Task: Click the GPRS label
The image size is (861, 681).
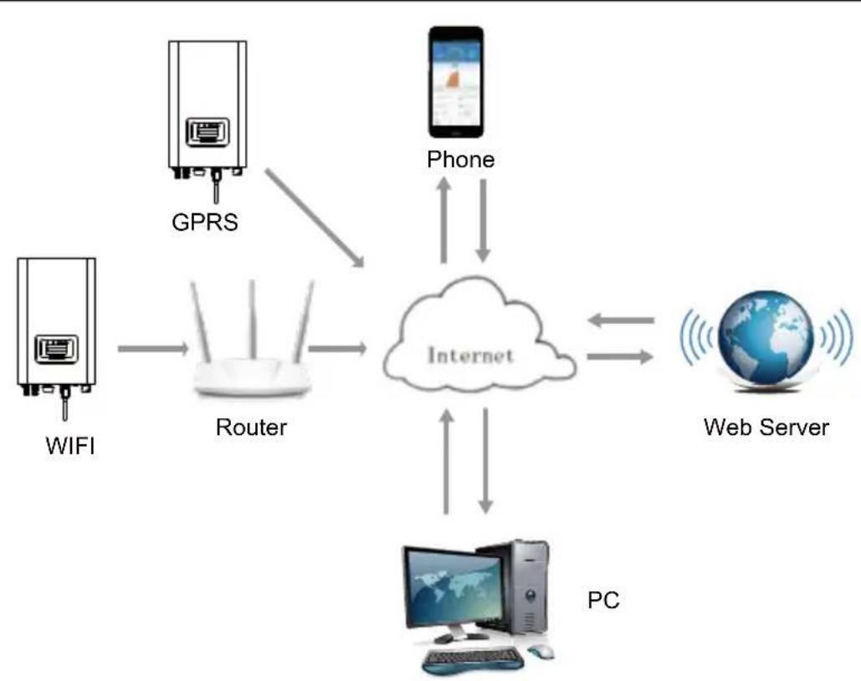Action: [205, 223]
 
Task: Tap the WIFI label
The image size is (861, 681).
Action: [70, 445]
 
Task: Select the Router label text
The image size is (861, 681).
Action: [251, 428]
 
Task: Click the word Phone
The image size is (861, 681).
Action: [461, 160]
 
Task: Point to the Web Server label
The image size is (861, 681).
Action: [766, 428]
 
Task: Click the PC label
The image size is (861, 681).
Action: [603, 600]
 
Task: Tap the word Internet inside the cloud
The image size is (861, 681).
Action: [470, 356]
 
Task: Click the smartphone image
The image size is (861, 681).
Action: [456, 82]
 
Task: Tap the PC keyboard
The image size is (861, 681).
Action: [472, 658]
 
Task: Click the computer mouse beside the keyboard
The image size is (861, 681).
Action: [541, 652]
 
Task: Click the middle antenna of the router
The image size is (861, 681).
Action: [253, 320]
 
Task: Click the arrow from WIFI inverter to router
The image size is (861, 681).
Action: [153, 348]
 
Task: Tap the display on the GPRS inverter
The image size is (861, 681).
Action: [208, 132]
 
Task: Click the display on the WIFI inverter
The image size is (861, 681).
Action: [57, 349]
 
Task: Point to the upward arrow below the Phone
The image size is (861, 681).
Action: [444, 220]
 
